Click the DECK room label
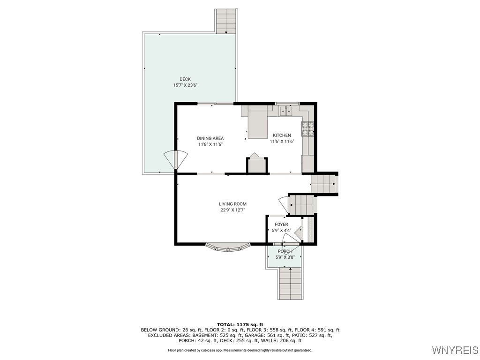(185, 79)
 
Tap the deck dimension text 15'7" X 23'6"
(185, 85)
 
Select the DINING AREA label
(210, 138)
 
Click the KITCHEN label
(282, 135)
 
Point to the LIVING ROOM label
(232, 204)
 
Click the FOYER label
(281, 225)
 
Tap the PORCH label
(285, 251)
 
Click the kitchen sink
(285, 111)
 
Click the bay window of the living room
(228, 247)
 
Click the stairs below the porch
(291, 284)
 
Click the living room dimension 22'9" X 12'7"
(232, 210)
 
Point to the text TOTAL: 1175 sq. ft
(240, 324)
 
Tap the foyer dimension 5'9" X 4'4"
(281, 231)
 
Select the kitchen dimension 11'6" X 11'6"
(282, 142)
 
